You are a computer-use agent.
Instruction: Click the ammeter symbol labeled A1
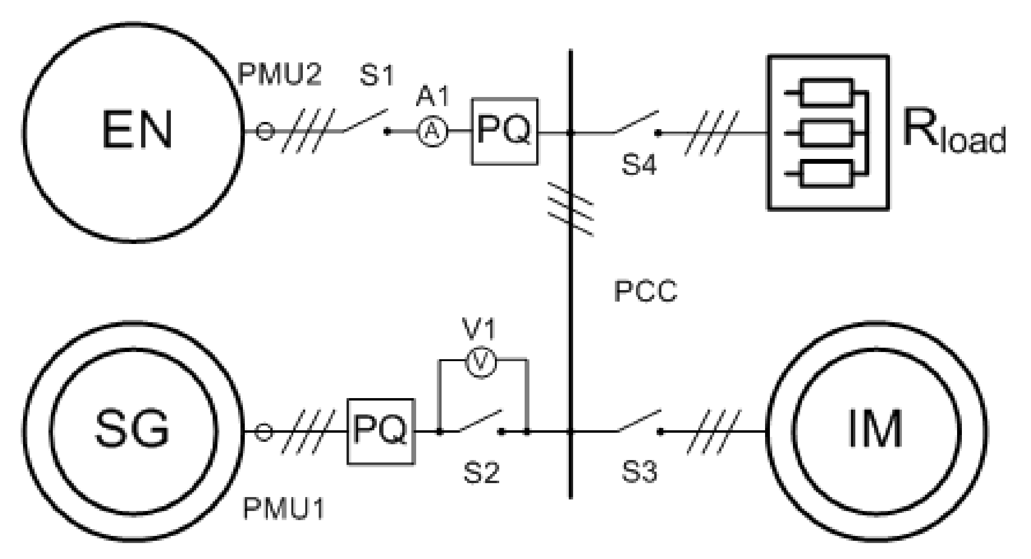[432, 131]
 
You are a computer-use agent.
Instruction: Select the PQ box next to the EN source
[504, 131]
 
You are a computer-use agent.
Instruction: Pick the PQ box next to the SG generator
[381, 431]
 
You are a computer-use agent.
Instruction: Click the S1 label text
[377, 75]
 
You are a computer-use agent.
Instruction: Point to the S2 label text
[481, 473]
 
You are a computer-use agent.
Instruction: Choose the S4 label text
[639, 165]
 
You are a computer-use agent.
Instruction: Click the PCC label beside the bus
[645, 291]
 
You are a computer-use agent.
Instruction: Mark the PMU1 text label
[283, 509]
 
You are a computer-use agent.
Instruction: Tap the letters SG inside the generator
[132, 429]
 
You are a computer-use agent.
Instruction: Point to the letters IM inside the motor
[875, 429]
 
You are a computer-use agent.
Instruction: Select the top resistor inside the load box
[827, 92]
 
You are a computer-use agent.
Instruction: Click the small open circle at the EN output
[264, 131]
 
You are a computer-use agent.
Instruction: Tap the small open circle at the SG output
[263, 432]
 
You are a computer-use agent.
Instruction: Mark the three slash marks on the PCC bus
[571, 209]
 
